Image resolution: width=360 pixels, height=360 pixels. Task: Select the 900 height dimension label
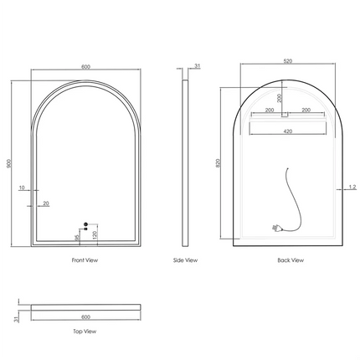tap(9, 164)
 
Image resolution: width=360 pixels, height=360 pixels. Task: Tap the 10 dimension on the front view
tap(23, 188)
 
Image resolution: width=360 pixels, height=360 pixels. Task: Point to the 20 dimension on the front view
tap(45, 203)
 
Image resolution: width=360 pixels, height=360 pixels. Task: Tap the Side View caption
tap(185, 261)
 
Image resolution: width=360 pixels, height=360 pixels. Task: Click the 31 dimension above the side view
tap(198, 66)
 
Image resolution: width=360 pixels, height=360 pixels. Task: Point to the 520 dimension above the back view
tap(288, 61)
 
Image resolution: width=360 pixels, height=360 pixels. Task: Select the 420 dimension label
tap(287, 131)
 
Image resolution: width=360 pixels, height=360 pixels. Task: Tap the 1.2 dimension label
tap(352, 188)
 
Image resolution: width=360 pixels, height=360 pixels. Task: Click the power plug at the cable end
tap(276, 226)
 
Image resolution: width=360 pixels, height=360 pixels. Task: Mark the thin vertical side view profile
tap(186, 164)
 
